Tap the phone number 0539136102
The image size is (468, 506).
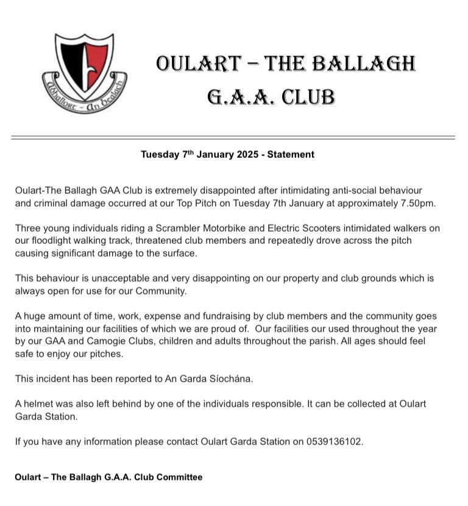pyautogui.click(x=330, y=441)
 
